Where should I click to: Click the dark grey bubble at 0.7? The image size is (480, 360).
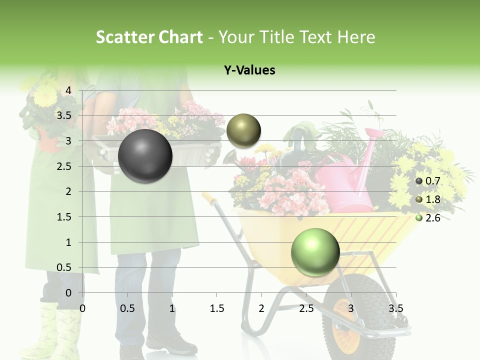pos(145,156)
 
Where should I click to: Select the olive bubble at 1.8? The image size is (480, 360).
pos(243,131)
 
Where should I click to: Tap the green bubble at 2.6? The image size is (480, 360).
pos(315,252)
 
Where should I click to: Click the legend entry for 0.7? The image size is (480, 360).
pos(428,181)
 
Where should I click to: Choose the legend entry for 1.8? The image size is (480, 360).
pos(428,199)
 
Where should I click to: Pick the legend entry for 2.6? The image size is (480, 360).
pos(428,218)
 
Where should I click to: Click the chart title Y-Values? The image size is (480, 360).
pos(249,70)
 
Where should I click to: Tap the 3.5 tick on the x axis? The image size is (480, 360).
pos(395,308)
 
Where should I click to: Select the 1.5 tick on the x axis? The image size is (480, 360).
pos(216,308)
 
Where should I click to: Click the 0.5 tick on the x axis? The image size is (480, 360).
pos(127,308)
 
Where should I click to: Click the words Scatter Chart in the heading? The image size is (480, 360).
pos(149,37)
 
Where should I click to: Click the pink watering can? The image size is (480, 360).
pos(350,175)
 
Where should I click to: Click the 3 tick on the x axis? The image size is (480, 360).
pos(351,308)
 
